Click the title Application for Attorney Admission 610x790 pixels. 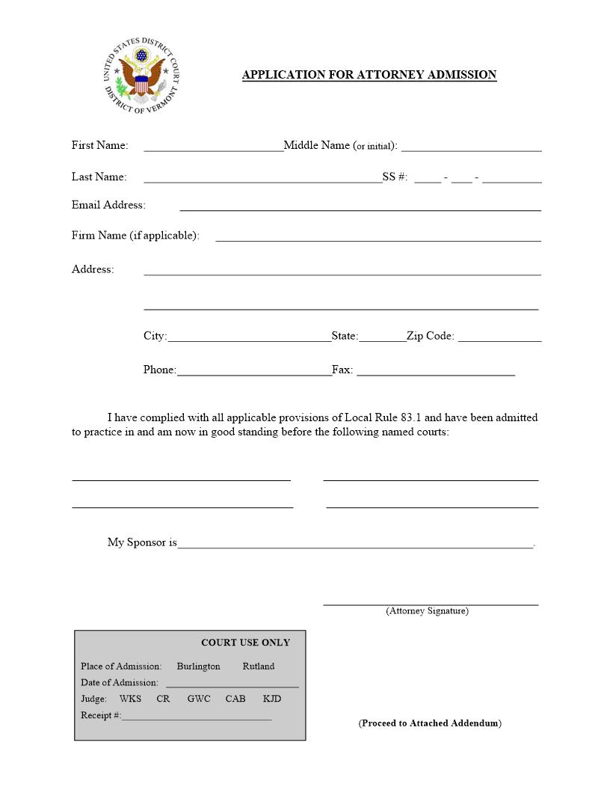369,75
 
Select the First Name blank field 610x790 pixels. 213,147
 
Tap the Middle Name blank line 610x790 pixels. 471,147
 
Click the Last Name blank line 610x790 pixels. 262,178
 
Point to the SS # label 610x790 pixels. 395,177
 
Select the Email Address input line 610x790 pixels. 360,206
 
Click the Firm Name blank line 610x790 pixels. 378,237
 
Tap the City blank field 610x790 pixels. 249,337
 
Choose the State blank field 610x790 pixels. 382,337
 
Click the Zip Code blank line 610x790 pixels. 499,337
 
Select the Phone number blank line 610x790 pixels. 254,371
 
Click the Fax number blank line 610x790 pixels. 436,371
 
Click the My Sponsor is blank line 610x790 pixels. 355,544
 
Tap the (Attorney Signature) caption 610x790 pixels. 427,611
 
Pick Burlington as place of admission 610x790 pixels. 198,667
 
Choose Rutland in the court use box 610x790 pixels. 258,667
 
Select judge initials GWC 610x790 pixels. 199,699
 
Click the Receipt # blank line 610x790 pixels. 196,717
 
